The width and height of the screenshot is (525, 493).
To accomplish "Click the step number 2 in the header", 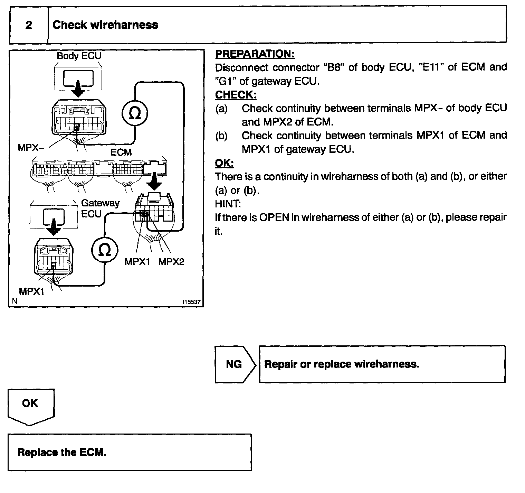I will [29, 25].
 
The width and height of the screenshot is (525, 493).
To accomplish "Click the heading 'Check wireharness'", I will [105, 25].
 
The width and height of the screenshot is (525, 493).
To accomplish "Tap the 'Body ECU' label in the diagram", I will [79, 56].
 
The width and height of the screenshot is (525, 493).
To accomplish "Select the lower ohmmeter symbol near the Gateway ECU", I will [105, 250].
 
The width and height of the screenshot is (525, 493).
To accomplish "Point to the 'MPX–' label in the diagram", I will [31, 148].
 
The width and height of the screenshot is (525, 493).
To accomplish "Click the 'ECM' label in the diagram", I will [121, 152].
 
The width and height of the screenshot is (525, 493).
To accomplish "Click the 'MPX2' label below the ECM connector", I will [171, 262].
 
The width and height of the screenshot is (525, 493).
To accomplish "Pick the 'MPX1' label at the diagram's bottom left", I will [32, 291].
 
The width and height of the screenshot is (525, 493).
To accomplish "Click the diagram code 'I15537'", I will [192, 302].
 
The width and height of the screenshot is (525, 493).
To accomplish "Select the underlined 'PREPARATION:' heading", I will [255, 54].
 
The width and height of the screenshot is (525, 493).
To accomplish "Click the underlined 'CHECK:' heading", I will [236, 95].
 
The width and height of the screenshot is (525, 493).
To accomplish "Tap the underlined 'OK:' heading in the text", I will [224, 163].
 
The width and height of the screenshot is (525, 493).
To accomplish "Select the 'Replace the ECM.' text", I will [62, 452].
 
